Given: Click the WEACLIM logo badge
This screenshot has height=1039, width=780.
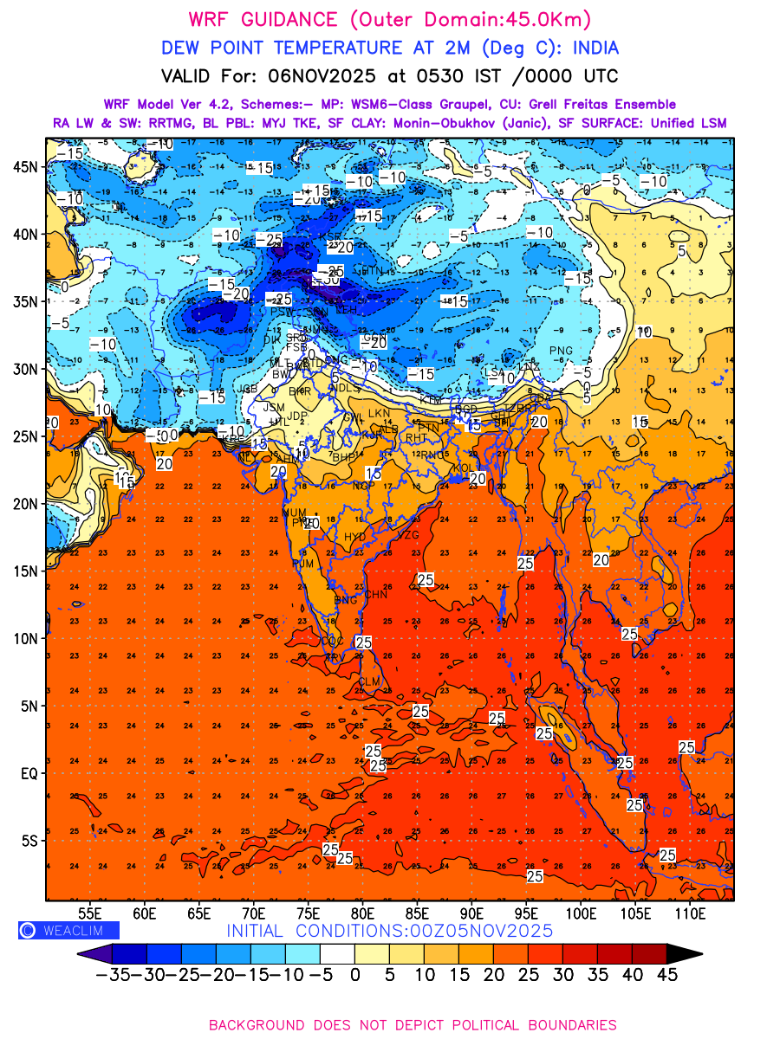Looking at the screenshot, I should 68,930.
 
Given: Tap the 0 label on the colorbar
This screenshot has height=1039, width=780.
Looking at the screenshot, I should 354,974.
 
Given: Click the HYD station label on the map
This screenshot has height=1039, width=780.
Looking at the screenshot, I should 355,537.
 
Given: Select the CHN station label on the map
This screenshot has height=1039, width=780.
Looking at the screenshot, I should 376,595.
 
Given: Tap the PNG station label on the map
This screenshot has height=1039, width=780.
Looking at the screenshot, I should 561,350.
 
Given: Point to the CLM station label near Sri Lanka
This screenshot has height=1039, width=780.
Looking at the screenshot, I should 370,682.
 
